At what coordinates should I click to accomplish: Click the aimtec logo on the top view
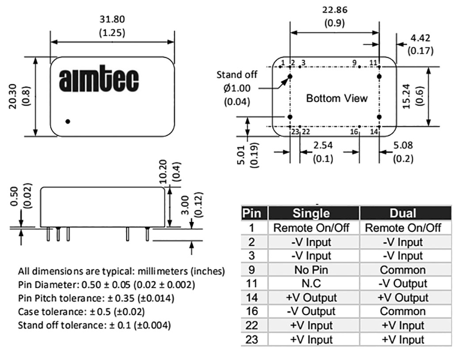[99, 78]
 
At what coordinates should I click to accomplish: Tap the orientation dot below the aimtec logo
[68, 121]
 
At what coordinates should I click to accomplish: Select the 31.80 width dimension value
[112, 19]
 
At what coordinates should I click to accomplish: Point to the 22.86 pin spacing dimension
[335, 10]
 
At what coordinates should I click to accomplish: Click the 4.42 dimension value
[420, 38]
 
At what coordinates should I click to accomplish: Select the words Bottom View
[336, 98]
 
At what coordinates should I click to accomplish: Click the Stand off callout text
[237, 75]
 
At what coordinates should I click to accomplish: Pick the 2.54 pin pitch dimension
[323, 145]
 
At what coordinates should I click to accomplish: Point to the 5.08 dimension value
[403, 145]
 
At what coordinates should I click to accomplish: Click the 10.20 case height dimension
[163, 172]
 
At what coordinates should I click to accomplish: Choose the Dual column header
[403, 213]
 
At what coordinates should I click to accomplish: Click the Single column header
[311, 213]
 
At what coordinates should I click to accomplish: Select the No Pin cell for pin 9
[311, 270]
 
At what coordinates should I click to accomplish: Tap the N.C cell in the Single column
[311, 283]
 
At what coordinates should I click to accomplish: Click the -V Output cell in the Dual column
[403, 283]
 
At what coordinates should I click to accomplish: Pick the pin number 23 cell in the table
[252, 340]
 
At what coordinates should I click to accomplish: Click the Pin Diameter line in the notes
[107, 284]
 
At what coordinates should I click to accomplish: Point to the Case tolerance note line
[81, 312]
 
